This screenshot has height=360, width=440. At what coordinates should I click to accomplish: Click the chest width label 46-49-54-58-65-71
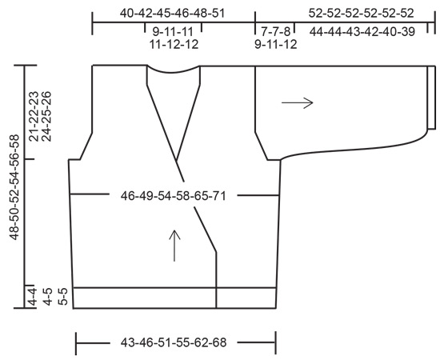pos(174,194)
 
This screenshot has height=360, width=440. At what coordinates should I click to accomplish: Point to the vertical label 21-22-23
pos(33,115)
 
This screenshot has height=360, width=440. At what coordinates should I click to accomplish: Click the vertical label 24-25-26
pos(46,115)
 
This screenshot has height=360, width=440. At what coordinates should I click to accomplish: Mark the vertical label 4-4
pos(33,296)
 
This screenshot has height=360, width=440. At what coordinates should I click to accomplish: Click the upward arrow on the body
pos(175,245)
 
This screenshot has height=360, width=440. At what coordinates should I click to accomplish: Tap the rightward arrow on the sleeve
pos(297,102)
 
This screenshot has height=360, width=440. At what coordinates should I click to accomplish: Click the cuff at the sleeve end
pos(431,98)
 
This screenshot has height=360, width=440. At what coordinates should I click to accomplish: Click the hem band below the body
pos(144,297)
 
